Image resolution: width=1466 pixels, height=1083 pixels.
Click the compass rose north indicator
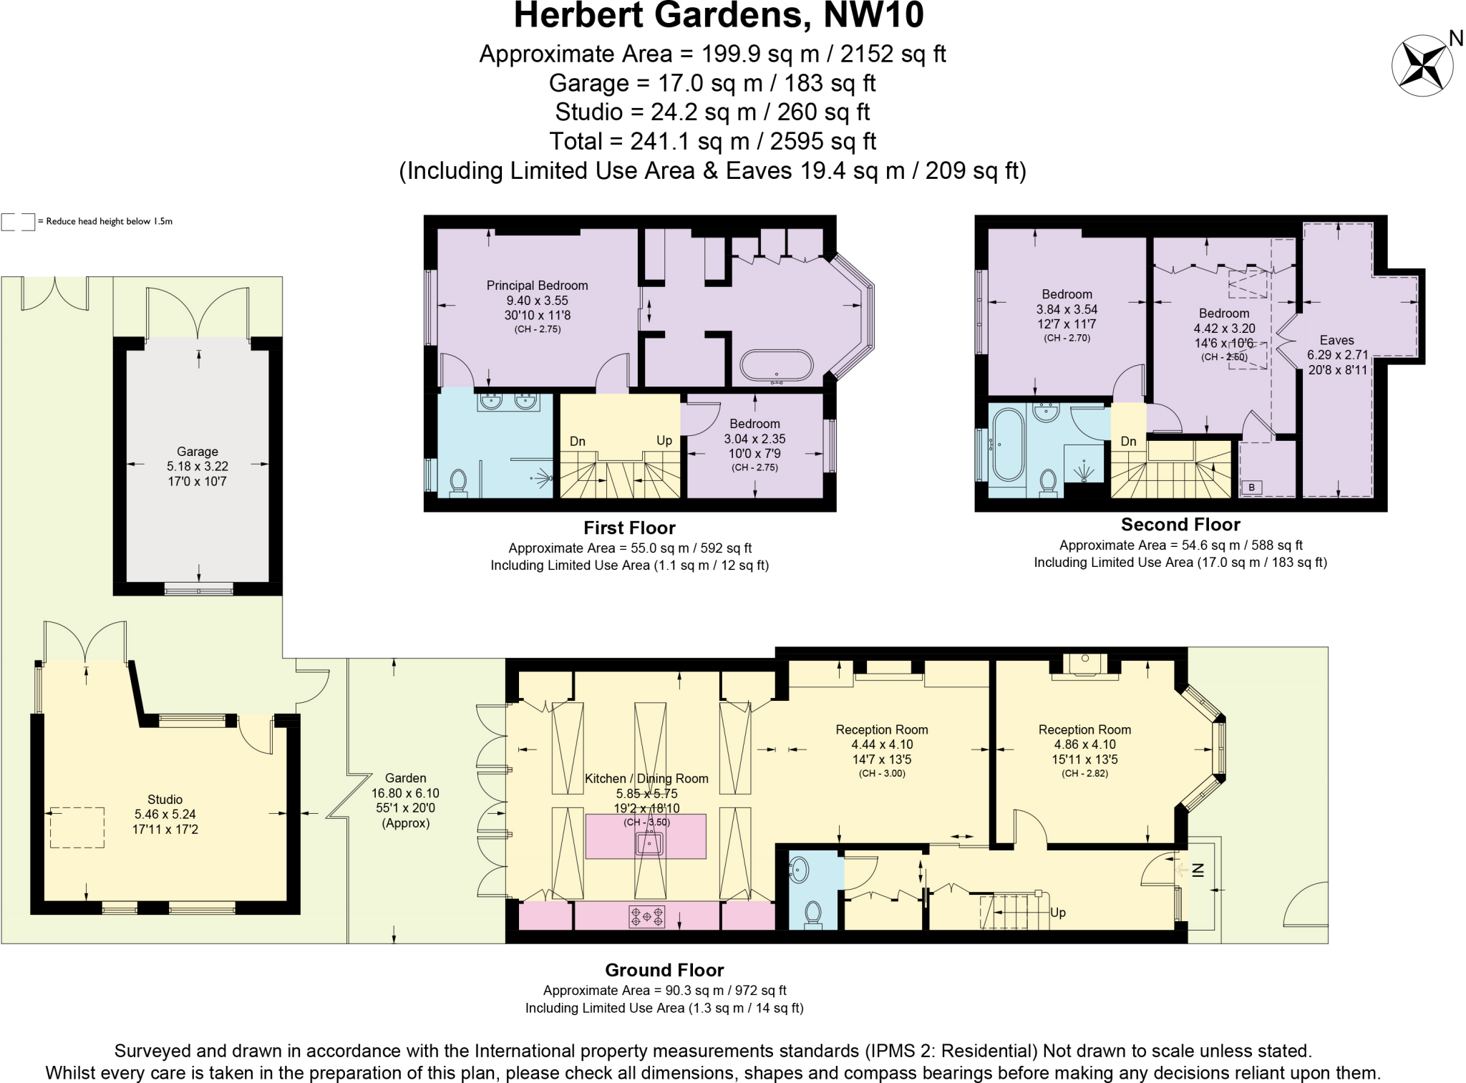[x=1422, y=65]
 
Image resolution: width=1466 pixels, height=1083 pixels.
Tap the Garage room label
[x=198, y=452]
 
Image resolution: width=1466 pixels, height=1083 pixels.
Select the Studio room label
[x=165, y=800]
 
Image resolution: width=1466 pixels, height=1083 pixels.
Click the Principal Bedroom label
[x=537, y=286]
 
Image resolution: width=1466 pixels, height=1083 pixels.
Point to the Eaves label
[x=1336, y=341]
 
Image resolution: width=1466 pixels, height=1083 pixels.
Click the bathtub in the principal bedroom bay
[x=777, y=365]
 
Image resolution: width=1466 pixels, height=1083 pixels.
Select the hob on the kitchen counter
[x=647, y=916]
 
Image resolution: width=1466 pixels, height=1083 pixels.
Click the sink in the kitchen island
[x=649, y=845]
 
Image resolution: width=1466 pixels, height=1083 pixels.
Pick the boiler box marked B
[x=1251, y=487]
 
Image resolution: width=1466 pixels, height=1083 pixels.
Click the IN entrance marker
[x=1198, y=870]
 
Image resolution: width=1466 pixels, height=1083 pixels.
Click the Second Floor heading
[x=1180, y=525]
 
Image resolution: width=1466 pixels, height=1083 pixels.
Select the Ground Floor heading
[x=664, y=971]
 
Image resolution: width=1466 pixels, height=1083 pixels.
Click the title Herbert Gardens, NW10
[x=719, y=16]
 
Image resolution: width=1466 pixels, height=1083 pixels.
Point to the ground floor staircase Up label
[x=1057, y=913]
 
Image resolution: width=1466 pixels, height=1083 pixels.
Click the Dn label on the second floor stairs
[x=1128, y=441]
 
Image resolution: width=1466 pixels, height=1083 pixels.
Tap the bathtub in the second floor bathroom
[x=1008, y=445]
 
